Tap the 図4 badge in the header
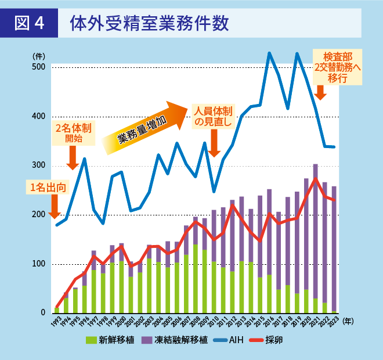click(x=30, y=23)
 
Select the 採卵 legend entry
click(x=268, y=340)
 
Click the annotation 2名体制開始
click(x=73, y=132)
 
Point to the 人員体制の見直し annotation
click(x=213, y=116)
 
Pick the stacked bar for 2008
click(x=196, y=265)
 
